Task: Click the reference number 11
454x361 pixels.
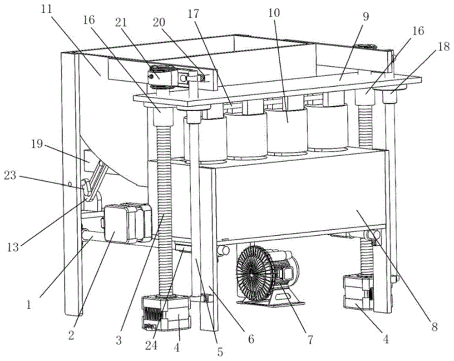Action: (x=46, y=10)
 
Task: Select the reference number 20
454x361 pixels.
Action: (x=158, y=22)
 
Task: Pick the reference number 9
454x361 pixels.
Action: (x=366, y=17)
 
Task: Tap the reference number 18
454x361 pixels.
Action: (x=443, y=46)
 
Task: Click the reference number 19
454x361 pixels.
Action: (x=37, y=144)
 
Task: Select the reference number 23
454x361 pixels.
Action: (x=10, y=175)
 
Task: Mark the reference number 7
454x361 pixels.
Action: (x=310, y=340)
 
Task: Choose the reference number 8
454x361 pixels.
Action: (x=434, y=327)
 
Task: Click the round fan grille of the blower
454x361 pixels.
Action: (x=255, y=273)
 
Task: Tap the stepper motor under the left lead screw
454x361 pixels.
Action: (x=166, y=313)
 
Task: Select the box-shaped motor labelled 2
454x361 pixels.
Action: (x=128, y=223)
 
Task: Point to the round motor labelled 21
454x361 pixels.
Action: (x=163, y=75)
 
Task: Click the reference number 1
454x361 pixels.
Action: (x=28, y=305)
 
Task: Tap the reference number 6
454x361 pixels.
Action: (x=251, y=339)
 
